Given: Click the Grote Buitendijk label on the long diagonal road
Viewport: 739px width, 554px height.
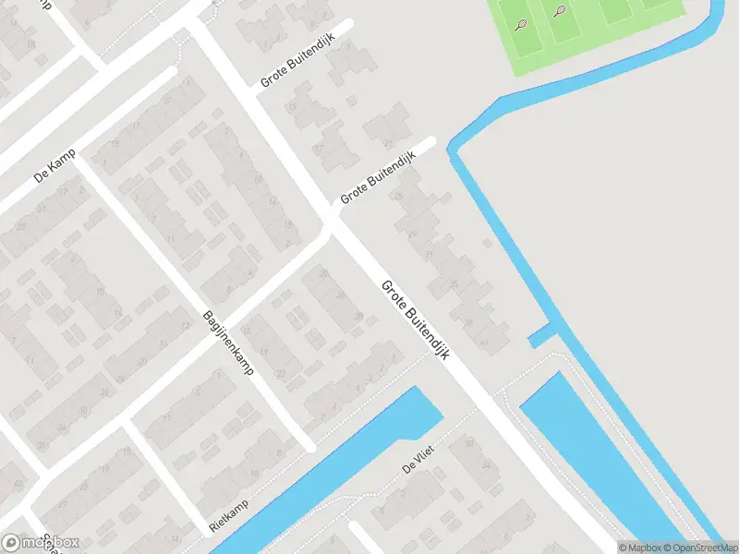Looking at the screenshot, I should coord(415,320).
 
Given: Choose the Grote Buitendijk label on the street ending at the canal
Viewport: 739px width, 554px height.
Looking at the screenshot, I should coord(378,178).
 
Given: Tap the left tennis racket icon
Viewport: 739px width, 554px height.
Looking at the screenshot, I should coord(522,24).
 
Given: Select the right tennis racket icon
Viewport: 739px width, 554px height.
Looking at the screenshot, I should coord(561,11).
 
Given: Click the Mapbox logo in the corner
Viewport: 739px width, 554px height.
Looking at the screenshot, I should coord(40,543).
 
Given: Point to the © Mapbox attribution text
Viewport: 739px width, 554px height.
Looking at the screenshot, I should coord(639,548).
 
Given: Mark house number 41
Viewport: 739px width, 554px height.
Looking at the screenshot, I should coord(485,343).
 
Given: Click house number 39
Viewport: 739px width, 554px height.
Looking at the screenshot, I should coord(468,322).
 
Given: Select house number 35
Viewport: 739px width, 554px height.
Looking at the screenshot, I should coord(454,283).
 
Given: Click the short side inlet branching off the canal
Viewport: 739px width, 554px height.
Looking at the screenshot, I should coord(543,334).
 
